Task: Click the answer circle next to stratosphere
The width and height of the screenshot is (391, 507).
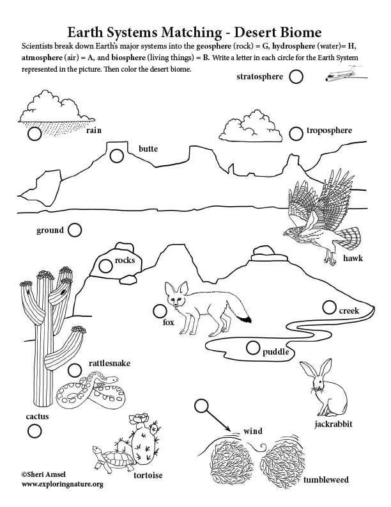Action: point(296,77)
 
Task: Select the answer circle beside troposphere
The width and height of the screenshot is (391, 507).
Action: point(295,133)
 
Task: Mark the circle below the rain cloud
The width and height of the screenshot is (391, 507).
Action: point(34,134)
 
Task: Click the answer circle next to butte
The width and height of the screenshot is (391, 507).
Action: point(116,156)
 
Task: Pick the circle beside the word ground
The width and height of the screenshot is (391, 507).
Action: point(75,230)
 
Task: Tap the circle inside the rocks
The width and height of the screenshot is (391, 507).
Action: point(105,264)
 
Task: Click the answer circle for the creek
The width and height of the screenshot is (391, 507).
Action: point(329,307)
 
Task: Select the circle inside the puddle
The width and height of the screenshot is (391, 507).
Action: point(252,348)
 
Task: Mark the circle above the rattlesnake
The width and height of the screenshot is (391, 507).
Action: point(75,369)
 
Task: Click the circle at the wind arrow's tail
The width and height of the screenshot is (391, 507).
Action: point(201,405)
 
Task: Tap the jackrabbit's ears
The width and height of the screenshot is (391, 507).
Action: point(317,370)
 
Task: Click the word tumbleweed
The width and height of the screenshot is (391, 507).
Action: point(326,479)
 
